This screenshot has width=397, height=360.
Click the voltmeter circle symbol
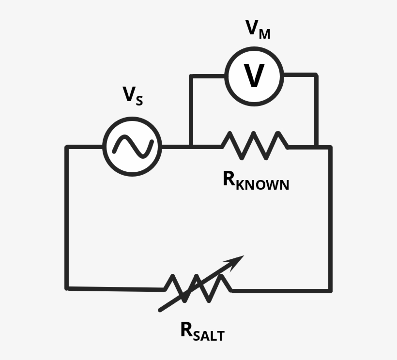pos(255,75)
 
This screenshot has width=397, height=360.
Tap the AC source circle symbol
pos(132,146)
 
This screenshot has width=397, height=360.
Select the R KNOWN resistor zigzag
pos(255,145)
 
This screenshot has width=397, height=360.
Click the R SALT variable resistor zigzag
pos(198,288)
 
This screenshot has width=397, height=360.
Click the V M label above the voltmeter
pos(258,30)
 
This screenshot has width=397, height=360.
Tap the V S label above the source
pos(132,95)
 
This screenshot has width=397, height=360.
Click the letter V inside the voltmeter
pos(254,76)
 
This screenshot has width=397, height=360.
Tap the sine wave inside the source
pos(132,146)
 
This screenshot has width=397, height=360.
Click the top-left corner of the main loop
pos(67,147)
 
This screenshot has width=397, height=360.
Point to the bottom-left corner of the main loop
pos(67,288)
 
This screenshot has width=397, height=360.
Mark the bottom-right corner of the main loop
pos(331,290)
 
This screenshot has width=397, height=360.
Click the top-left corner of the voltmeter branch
pos(192,76)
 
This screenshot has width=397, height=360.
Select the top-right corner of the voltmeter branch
pos(316,75)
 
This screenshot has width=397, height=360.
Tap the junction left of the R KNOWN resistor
pos(192,146)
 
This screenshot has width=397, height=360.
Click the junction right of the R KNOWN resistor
pos(316,146)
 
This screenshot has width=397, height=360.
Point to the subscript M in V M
pos(264,34)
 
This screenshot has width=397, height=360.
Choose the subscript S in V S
pos(139,100)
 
